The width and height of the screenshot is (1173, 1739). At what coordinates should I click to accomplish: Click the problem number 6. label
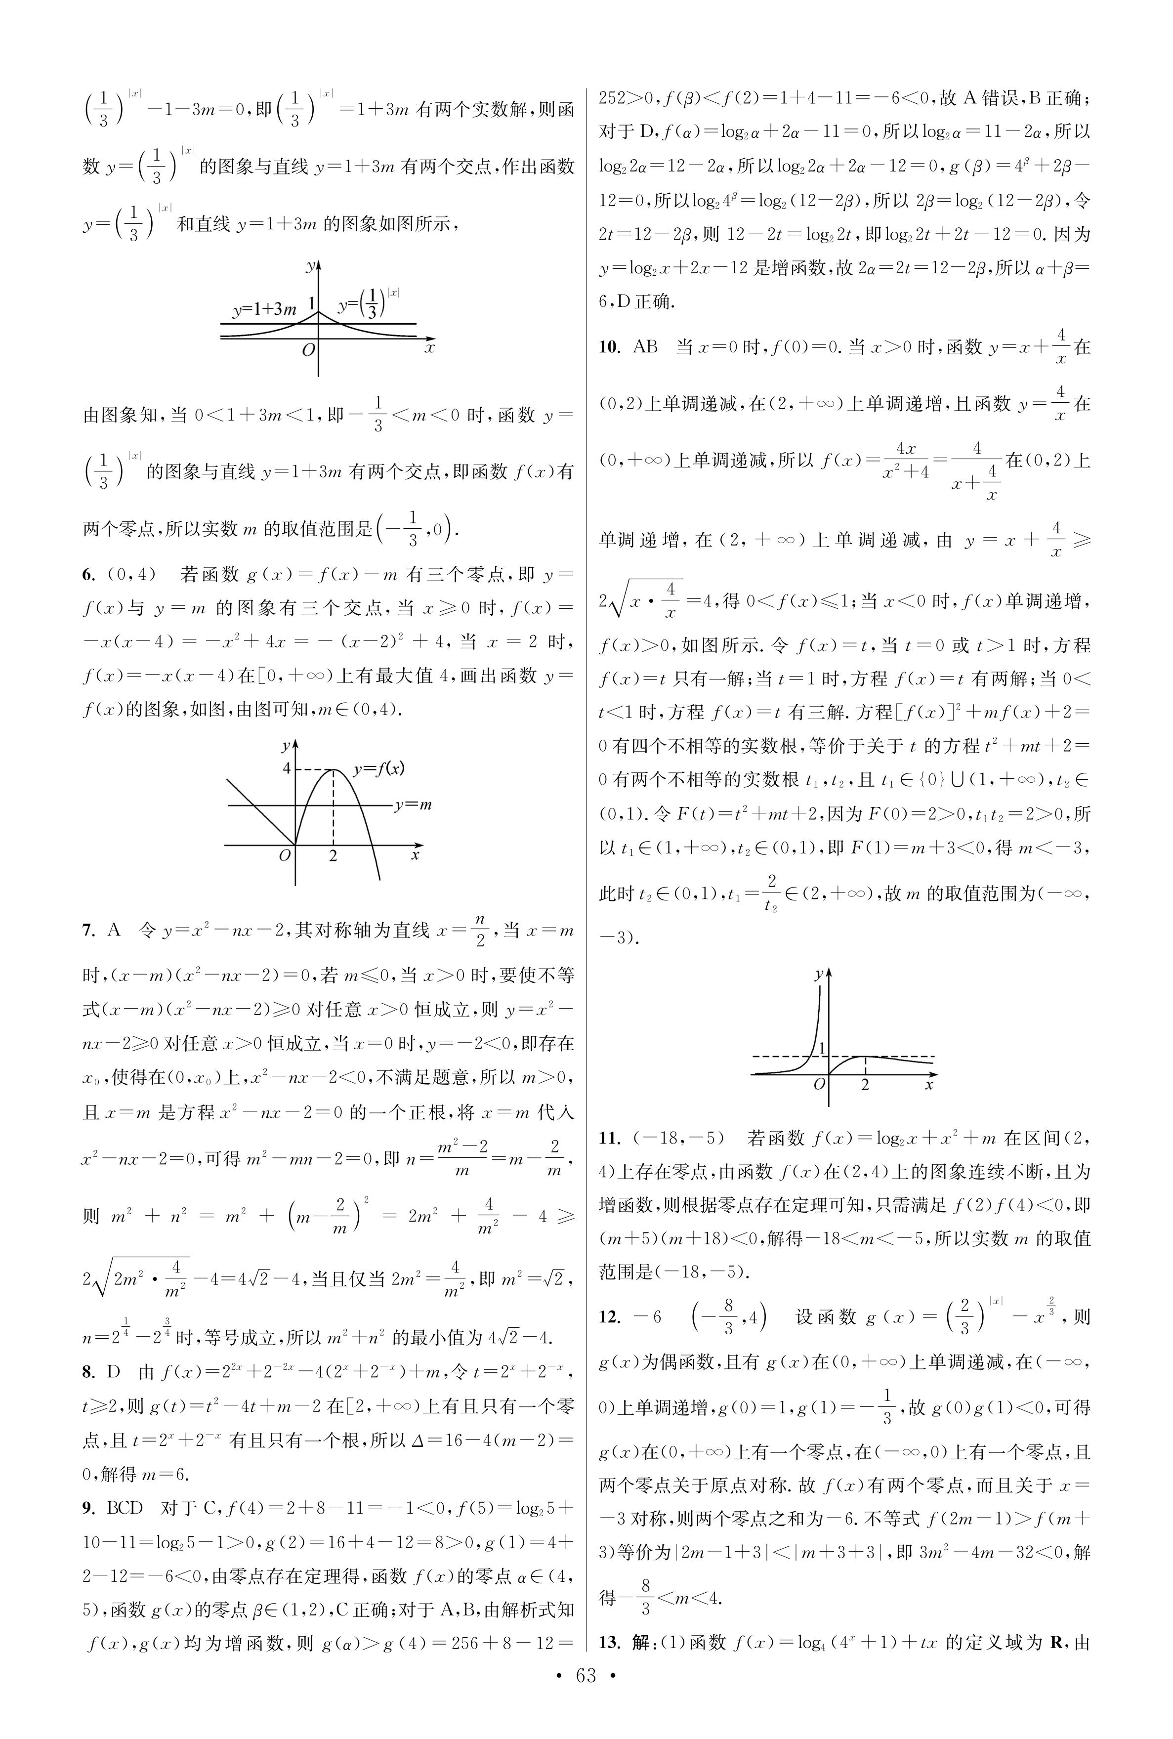click(x=89, y=574)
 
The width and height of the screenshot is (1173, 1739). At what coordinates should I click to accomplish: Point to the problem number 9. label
click(x=89, y=1507)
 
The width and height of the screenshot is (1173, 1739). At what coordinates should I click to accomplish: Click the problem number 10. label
click(x=609, y=347)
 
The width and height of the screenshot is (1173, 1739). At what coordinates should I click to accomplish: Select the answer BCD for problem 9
click(x=125, y=1507)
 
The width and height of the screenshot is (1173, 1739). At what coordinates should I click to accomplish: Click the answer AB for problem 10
click(x=645, y=347)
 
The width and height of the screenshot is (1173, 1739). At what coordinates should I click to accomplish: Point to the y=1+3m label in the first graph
click(x=264, y=309)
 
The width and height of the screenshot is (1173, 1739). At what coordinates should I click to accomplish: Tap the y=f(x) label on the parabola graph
click(x=379, y=768)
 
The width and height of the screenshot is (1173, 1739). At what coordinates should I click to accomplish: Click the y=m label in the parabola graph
click(x=413, y=805)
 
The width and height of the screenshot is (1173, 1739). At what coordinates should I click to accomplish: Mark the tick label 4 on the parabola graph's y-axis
click(x=286, y=768)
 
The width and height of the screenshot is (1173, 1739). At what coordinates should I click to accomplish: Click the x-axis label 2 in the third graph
click(x=866, y=1085)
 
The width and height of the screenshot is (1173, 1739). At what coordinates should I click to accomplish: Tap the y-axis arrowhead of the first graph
click(x=319, y=265)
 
